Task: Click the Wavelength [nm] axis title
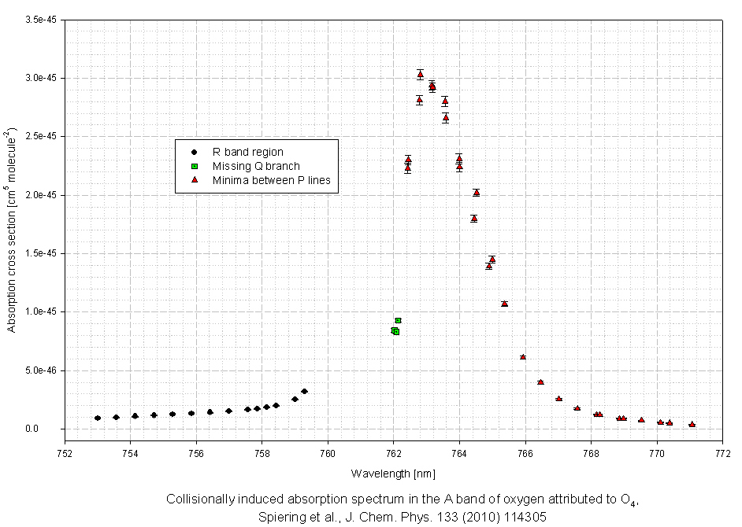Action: [393, 474]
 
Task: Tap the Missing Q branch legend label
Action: [256, 166]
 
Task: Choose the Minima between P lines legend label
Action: [271, 181]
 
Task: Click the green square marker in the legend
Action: [193, 166]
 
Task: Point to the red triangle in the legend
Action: [193, 180]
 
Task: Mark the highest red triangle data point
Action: [420, 75]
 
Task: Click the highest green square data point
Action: [399, 320]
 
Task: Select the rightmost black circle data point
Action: [304, 391]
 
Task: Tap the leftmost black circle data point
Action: [98, 418]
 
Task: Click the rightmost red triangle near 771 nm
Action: [692, 424]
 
